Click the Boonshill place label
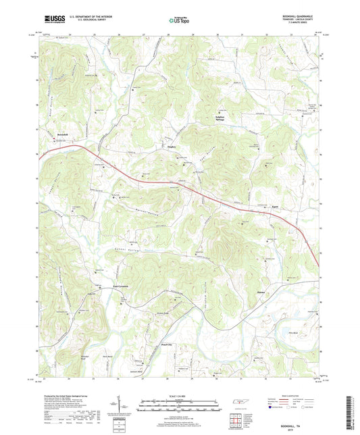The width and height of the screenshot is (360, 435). [55, 136]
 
